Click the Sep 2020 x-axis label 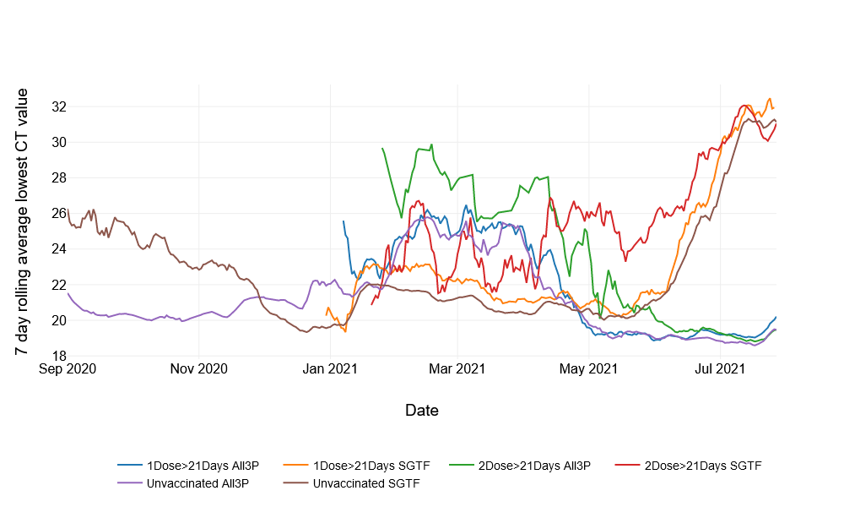coord(68,368)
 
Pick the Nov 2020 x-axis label coord(198,368)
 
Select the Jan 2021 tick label coord(329,368)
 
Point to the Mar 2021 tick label coord(457,368)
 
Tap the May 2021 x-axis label coord(588,368)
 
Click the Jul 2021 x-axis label coord(719,368)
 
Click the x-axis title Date coord(421,411)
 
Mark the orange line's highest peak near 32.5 coord(770,98)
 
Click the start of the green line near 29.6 coord(382,148)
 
